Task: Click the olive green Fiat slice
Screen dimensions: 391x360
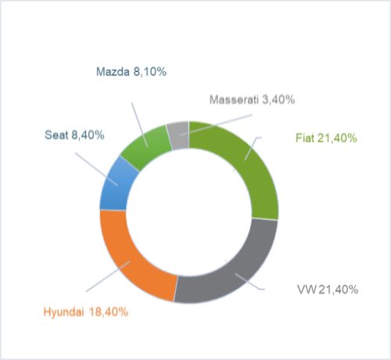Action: (x=250, y=167)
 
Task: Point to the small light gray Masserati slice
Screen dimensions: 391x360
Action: (x=178, y=135)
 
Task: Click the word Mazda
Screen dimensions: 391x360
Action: (x=113, y=72)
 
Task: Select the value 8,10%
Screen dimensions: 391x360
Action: (x=150, y=72)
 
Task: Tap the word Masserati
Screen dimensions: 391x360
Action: (x=234, y=99)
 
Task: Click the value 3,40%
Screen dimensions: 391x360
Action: (x=278, y=99)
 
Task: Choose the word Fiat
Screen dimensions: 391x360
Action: (x=305, y=138)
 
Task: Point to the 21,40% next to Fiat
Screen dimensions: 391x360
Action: (x=337, y=138)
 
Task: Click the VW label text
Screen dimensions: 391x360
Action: (x=307, y=290)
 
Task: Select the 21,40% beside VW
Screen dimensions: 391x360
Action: (x=339, y=290)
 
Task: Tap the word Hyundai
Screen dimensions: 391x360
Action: (x=64, y=312)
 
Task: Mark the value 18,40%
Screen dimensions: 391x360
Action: (x=109, y=312)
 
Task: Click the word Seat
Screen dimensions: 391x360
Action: (x=56, y=135)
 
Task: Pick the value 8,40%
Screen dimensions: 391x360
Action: (x=88, y=135)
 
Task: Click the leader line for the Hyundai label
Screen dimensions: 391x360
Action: (x=108, y=276)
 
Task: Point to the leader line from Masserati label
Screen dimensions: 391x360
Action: (x=216, y=125)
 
